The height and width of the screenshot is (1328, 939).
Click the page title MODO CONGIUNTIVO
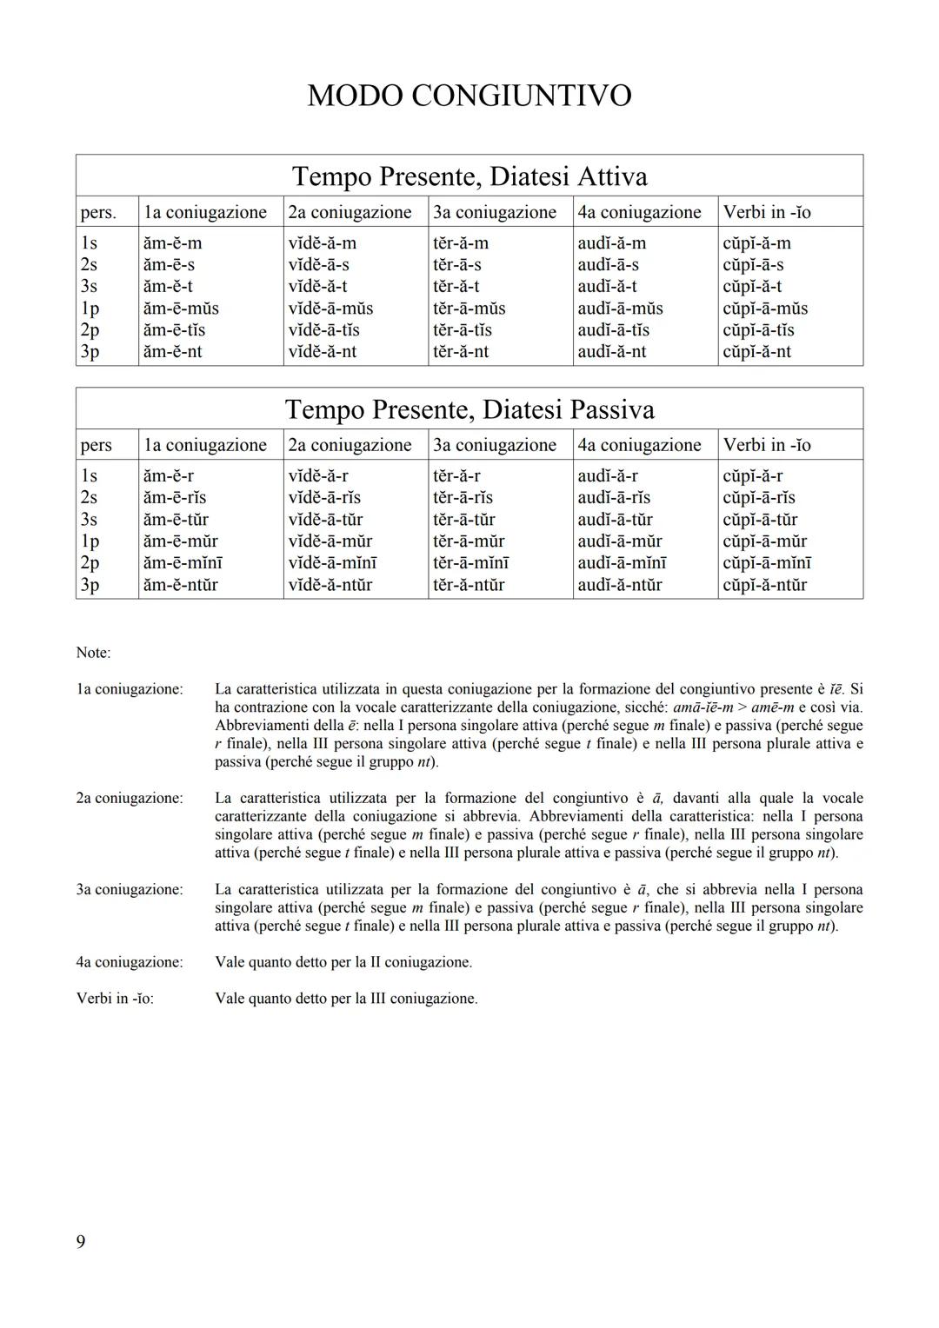[x=469, y=96]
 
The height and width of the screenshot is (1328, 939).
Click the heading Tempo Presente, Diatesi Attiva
[x=469, y=176]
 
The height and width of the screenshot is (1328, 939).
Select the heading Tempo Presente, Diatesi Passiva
[x=469, y=409]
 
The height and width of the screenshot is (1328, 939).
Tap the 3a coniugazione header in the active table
[x=494, y=212]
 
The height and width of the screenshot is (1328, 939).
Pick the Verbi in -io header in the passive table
[x=766, y=445]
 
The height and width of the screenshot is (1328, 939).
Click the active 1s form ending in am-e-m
[x=172, y=243]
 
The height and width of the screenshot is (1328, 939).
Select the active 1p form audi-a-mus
[x=620, y=309]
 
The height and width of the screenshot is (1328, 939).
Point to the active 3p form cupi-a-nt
[x=756, y=352]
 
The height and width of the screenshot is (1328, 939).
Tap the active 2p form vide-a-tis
[x=323, y=330]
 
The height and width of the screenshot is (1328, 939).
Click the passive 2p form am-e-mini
[x=183, y=563]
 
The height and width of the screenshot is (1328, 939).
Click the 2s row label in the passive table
[x=89, y=498]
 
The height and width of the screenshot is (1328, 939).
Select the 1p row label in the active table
[x=90, y=309]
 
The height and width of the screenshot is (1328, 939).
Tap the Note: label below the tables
[x=93, y=653]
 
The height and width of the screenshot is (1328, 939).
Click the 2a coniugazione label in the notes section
[x=130, y=798]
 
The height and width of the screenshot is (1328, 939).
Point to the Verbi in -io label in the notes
[x=115, y=999]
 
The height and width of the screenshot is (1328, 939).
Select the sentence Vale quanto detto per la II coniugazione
[x=343, y=962]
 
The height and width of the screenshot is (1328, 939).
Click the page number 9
[x=81, y=1242]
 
